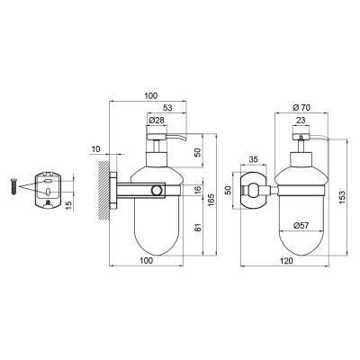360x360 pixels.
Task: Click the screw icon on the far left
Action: pyautogui.click(x=14, y=186)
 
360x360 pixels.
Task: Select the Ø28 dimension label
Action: pyautogui.click(x=157, y=121)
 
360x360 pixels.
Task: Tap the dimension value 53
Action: pyautogui.click(x=167, y=107)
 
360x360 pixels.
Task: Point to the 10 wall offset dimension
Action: pyautogui.click(x=96, y=148)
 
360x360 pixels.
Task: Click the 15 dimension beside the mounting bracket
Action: pyautogui.click(x=68, y=205)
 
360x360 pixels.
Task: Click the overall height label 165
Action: pyautogui.click(x=211, y=200)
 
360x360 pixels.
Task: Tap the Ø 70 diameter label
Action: pyautogui.click(x=301, y=107)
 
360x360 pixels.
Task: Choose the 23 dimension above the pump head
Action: pyautogui.click(x=301, y=121)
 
